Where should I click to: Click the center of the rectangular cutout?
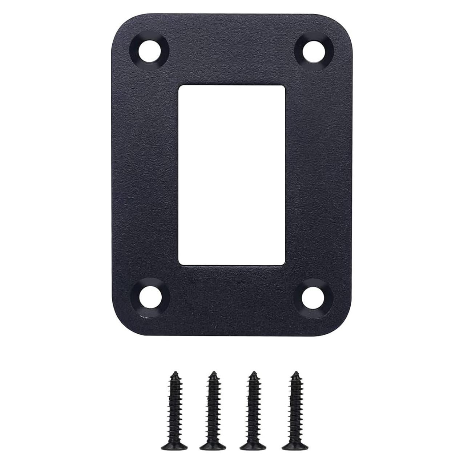(231, 175)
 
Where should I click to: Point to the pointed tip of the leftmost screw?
(175, 373)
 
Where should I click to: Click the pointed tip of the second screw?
(214, 373)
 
